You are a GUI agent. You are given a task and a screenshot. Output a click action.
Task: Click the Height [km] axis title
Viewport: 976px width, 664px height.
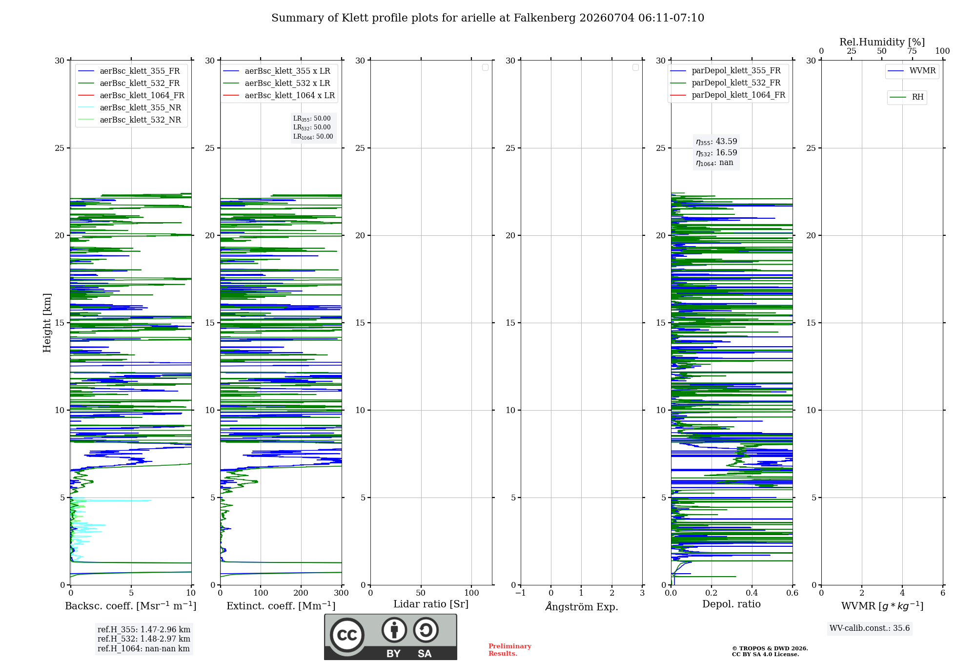click(47, 323)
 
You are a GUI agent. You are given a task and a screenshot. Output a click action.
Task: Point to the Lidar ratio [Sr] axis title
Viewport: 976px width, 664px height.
click(431, 604)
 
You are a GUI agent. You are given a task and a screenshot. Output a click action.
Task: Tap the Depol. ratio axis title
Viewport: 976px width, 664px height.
click(732, 604)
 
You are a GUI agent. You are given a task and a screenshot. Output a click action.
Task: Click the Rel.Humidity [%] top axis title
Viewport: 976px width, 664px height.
click(882, 42)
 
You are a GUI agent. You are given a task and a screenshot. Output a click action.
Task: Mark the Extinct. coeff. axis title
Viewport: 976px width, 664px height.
click(281, 606)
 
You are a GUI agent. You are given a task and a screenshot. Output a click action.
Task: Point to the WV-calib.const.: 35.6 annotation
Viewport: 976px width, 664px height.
click(870, 628)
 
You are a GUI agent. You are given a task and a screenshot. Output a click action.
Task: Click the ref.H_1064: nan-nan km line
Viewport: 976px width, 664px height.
click(143, 648)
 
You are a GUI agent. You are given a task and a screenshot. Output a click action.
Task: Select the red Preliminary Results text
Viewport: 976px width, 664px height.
click(510, 650)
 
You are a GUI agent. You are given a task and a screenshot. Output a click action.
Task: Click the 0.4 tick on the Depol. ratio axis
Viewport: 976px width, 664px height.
click(752, 593)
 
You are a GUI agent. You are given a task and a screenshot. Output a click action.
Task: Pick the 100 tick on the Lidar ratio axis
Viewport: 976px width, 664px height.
click(471, 593)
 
